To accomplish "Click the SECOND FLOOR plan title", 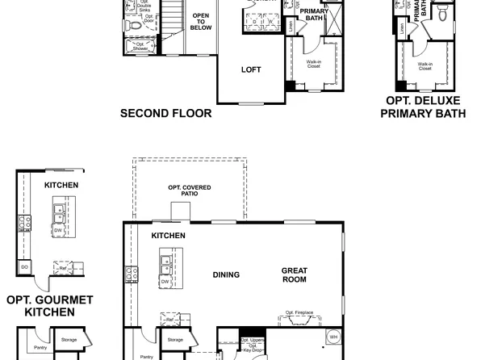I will tap(165, 114).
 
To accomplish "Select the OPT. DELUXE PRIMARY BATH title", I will tap(423, 107).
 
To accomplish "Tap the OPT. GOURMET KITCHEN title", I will tap(49, 305).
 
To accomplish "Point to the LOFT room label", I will tap(251, 69).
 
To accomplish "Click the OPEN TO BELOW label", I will tap(201, 22).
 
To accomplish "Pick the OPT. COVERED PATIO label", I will tap(190, 190).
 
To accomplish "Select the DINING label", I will tap(226, 274).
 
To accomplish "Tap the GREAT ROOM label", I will tap(294, 275).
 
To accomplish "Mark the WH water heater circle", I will tap(333, 337).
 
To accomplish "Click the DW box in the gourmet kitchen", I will tap(58, 230).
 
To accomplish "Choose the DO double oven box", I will tap(25, 266).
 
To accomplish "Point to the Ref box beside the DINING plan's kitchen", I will tap(169, 320).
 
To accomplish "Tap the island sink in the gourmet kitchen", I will tap(58, 213).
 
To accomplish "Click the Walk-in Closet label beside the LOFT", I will tap(314, 63).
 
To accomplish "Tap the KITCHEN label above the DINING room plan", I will tap(168, 236).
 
